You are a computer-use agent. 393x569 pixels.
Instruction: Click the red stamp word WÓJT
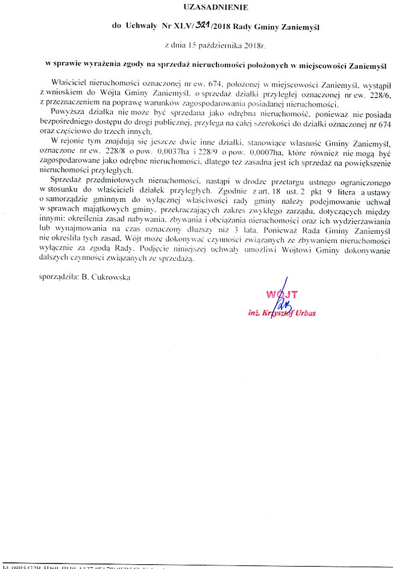click(279, 294)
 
